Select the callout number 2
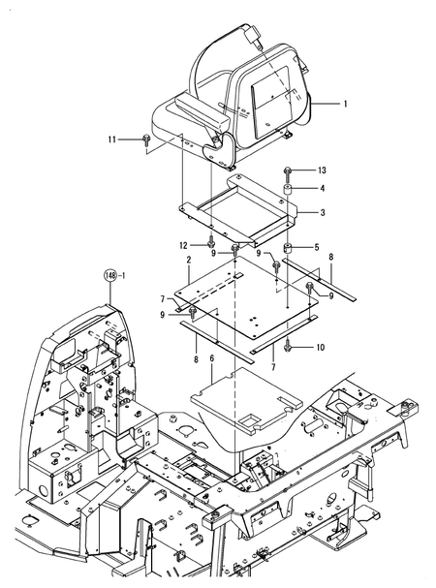coord(188,261)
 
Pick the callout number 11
coord(112,139)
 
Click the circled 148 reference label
coord(111,276)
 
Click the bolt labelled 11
coord(145,140)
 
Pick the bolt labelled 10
coord(288,345)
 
